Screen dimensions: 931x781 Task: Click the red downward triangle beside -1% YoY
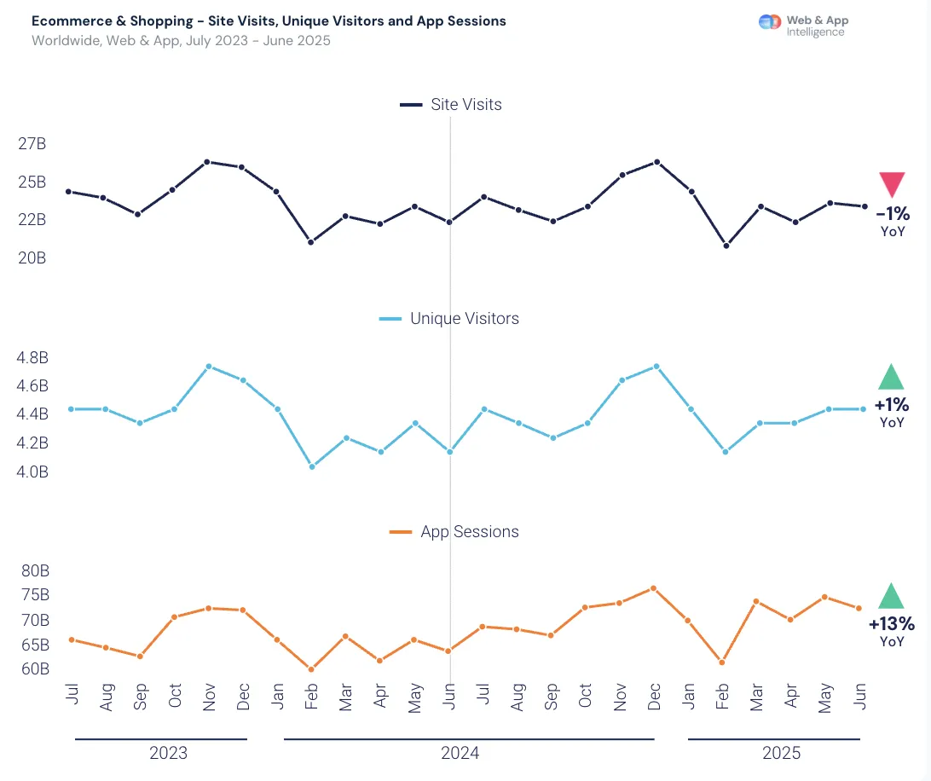point(892,183)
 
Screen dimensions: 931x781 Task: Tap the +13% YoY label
point(892,631)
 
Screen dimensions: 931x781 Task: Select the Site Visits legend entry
point(451,105)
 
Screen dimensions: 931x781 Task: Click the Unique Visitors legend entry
point(448,318)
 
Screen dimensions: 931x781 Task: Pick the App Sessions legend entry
point(454,531)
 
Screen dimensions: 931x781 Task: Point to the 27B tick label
point(32,144)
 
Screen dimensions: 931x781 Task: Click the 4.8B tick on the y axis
point(32,357)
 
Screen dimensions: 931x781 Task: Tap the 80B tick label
point(35,570)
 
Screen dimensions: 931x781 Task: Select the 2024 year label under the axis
point(460,753)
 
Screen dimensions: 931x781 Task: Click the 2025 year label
point(781,753)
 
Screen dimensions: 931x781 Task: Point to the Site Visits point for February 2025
point(726,246)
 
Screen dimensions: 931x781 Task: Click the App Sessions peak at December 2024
point(653,588)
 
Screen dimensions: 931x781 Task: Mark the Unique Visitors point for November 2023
point(208,367)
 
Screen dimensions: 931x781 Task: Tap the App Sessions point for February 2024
point(311,669)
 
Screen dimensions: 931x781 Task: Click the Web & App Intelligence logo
point(804,26)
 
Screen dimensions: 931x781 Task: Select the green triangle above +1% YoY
point(891,378)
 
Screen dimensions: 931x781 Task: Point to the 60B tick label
point(35,668)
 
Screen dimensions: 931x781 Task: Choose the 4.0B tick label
point(32,471)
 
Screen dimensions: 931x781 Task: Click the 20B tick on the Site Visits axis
point(32,257)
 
